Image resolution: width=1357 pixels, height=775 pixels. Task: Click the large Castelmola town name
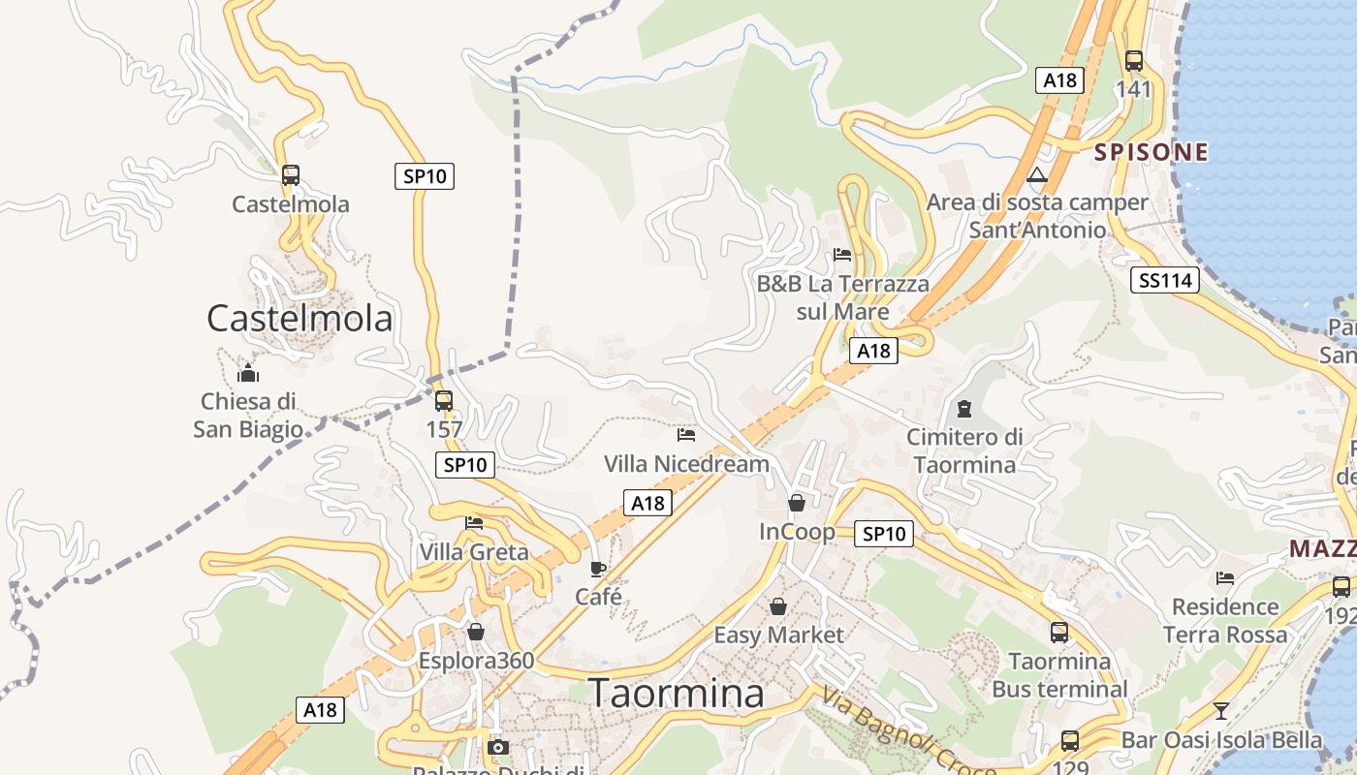pos(300,318)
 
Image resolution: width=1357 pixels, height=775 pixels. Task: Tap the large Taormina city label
pos(676,693)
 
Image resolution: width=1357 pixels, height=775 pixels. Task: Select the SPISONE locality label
pos(1152,152)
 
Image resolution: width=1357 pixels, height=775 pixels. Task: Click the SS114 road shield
pos(1164,281)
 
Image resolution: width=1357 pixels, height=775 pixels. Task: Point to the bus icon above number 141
pos(1134,61)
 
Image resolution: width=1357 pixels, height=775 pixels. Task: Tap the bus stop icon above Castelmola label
pos(291,175)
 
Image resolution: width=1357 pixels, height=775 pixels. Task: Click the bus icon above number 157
pos(444,400)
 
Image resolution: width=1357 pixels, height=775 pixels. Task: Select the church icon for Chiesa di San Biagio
pos(248,372)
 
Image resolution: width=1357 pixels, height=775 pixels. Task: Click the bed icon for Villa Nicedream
pos(686,435)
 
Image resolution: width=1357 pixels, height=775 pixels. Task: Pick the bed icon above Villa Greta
pos(474,523)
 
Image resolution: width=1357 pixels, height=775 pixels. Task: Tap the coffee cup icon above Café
pos(598,569)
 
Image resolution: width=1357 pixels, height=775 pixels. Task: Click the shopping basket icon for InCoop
pos(797,503)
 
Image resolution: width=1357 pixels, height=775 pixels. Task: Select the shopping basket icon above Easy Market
pos(778,606)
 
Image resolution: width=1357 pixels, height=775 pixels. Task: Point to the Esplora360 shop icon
pos(476,632)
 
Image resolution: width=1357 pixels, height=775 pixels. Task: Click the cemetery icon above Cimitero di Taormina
pos(964,409)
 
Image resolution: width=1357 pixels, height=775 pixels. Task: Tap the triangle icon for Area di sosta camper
pos(1038,175)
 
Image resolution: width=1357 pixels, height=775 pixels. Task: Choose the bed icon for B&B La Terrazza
pos(842,255)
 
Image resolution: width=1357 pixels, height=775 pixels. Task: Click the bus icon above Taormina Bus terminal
pos(1059,633)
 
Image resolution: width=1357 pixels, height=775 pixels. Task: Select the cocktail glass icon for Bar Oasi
pos(1221,711)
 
